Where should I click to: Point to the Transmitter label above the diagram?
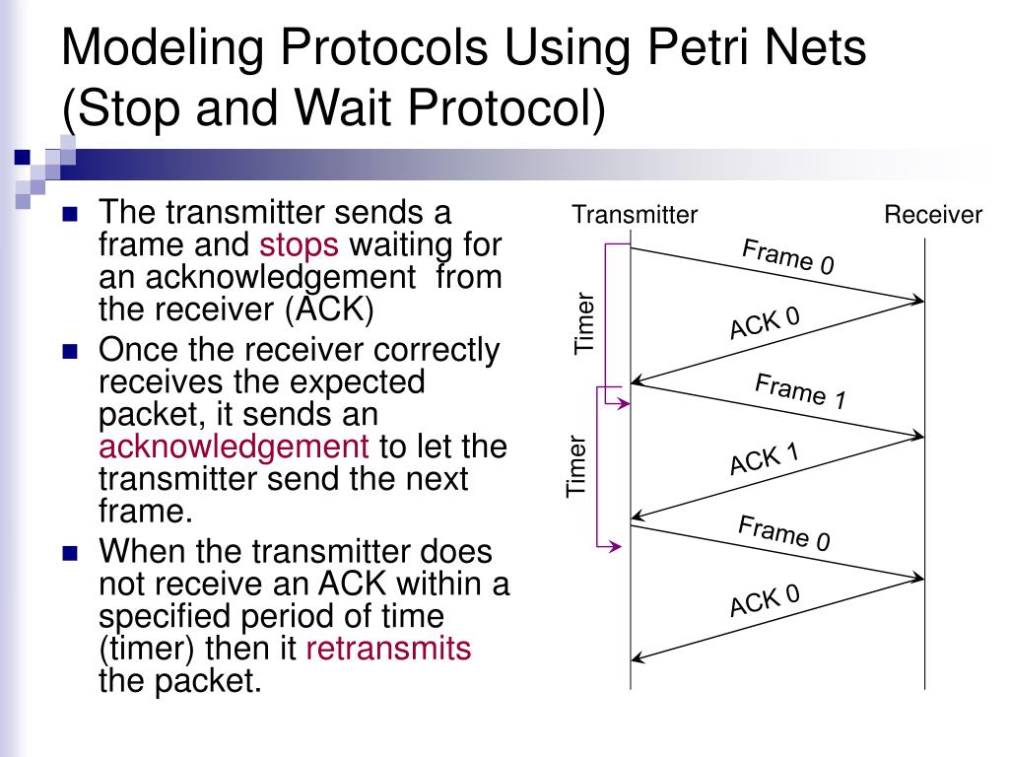(x=635, y=215)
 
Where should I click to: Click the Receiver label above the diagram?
(x=932, y=215)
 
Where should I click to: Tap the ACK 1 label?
(x=764, y=458)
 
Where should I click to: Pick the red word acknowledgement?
(x=235, y=447)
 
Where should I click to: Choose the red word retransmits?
(x=389, y=649)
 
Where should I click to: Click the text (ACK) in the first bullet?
(x=329, y=310)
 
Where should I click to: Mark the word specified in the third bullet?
(x=168, y=616)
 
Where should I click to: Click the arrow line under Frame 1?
(x=778, y=410)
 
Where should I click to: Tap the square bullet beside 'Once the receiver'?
(x=69, y=351)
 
